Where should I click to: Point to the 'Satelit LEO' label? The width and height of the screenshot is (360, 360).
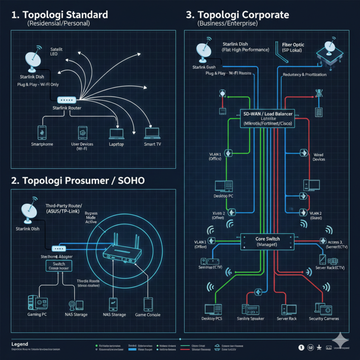[x=56, y=51]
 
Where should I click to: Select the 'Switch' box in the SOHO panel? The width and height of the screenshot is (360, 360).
[x=59, y=266]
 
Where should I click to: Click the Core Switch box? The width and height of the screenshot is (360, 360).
[x=267, y=241]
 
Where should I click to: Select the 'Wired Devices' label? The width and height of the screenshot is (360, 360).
[x=318, y=157]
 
